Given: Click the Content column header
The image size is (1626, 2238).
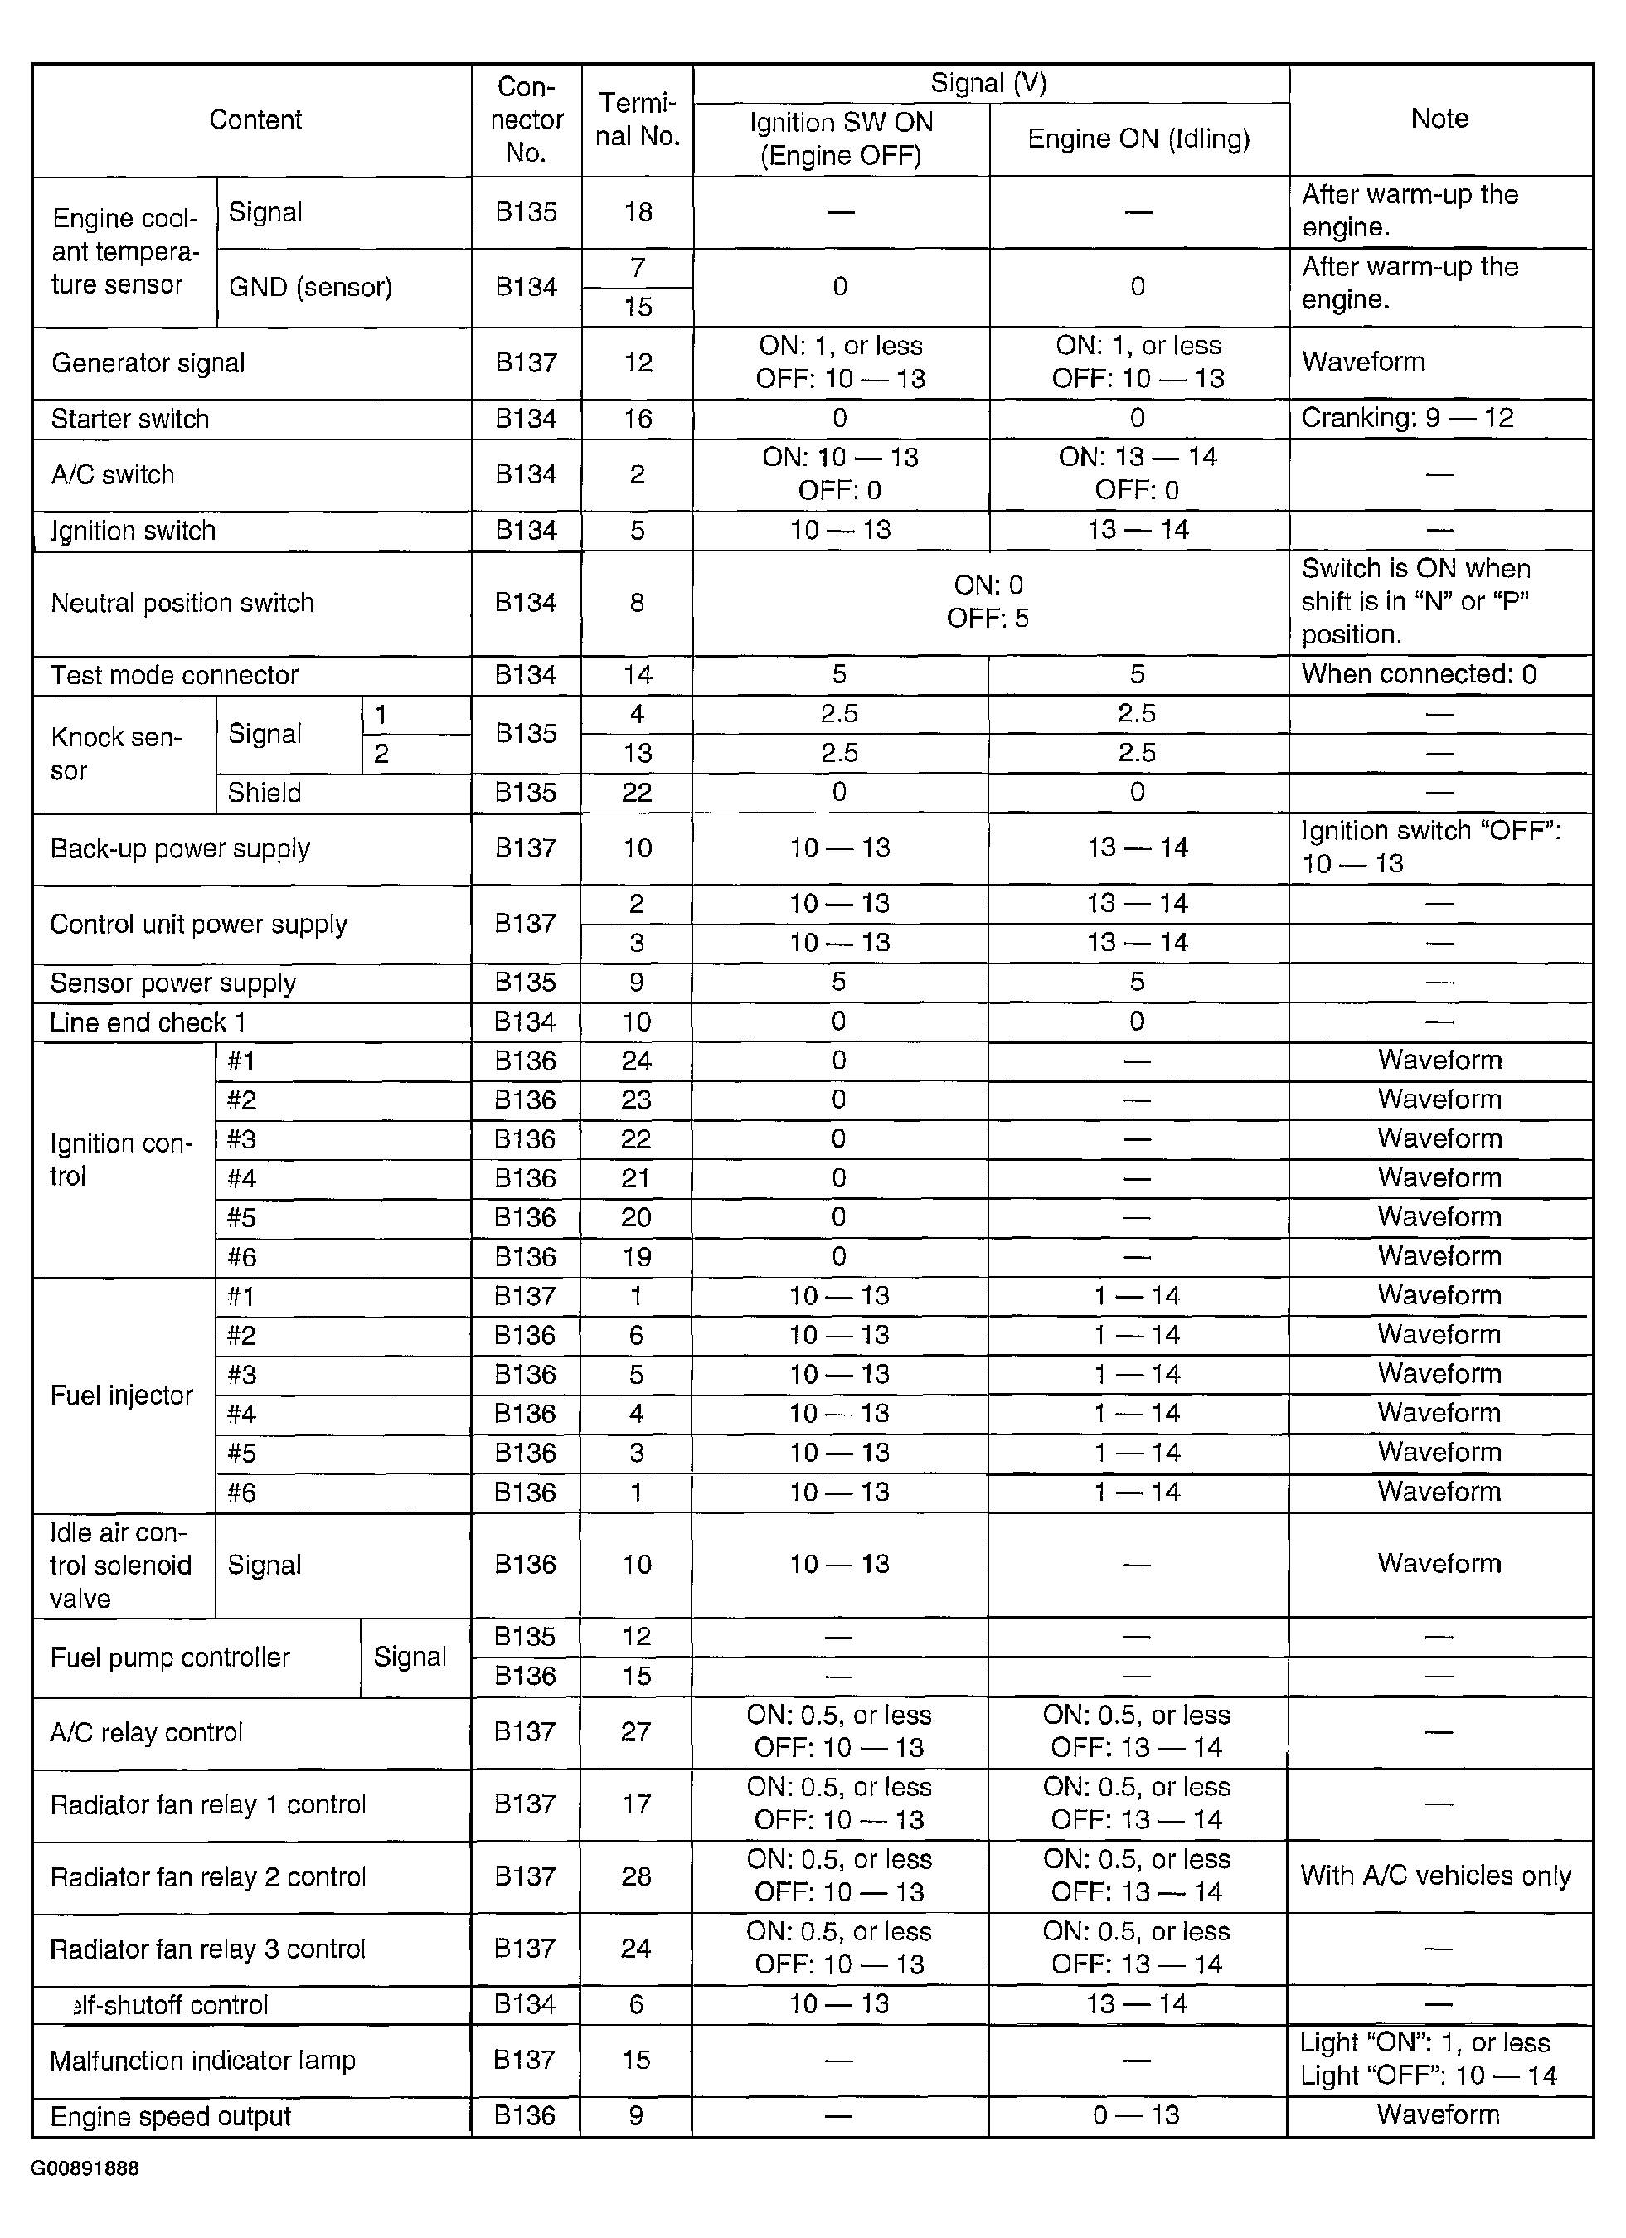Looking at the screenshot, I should [x=255, y=120].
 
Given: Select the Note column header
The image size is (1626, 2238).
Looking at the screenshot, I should [x=1439, y=119].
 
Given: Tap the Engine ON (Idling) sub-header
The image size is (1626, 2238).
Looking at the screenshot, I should [x=1138, y=139].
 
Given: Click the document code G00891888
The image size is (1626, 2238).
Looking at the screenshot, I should [x=85, y=2168].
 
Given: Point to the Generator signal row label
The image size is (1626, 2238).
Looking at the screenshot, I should [x=148, y=363].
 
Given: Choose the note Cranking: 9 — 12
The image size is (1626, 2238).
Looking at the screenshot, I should [x=1407, y=419].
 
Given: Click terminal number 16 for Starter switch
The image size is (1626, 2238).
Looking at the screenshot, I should [x=638, y=420].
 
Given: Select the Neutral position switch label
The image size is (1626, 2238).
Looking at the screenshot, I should [x=182, y=603].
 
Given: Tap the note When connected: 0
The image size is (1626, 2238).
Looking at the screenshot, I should [x=1419, y=675].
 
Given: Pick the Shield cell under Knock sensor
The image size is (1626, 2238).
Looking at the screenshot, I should [x=265, y=794].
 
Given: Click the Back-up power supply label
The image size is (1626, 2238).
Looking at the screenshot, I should [x=181, y=848].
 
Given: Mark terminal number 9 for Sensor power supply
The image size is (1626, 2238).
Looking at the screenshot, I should [x=637, y=983].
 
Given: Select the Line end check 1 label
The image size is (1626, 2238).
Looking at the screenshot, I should [x=148, y=1022].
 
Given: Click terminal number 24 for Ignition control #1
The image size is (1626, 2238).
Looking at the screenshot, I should [x=637, y=1061].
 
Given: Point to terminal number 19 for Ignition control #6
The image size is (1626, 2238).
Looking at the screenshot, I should [x=637, y=1257].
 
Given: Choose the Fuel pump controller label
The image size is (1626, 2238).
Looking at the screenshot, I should [x=170, y=1657].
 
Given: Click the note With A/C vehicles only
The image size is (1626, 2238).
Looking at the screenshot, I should [x=1435, y=1876].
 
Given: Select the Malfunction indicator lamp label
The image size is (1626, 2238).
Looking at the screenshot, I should [x=202, y=2061].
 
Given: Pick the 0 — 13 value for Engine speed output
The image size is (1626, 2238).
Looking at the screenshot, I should [x=1136, y=2115].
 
